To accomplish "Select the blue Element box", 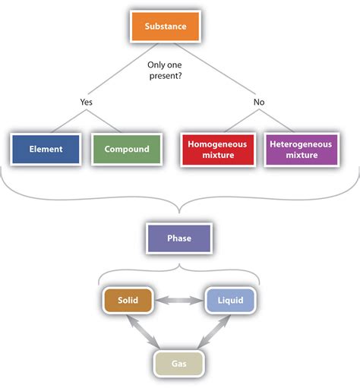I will pos(47,149).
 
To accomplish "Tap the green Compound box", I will pos(126,149).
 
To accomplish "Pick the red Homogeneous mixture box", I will pos(216,149).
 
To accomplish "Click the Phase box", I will pos(178,238).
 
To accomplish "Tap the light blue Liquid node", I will pos(231,301).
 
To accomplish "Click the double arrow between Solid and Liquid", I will pos(178,301).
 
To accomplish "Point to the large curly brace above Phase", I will pos(179,200).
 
